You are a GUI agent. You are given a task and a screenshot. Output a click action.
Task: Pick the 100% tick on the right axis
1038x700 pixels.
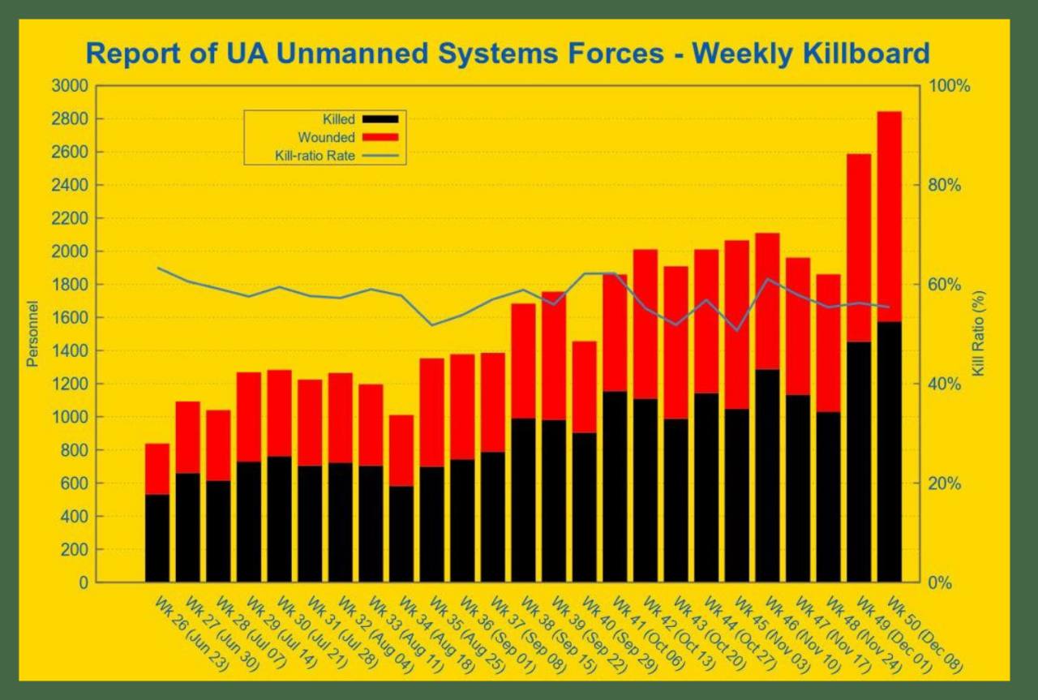(x=950, y=86)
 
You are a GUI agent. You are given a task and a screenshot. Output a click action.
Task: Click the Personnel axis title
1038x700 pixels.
(x=32, y=334)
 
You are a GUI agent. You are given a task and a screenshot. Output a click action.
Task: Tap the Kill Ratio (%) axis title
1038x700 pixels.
(x=978, y=333)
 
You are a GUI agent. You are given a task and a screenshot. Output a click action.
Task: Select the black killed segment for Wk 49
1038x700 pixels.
(x=859, y=462)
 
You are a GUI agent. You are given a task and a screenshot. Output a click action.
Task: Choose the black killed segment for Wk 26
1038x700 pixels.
(x=157, y=538)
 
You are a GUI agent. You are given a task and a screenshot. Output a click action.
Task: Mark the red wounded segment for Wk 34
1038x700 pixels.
(x=401, y=450)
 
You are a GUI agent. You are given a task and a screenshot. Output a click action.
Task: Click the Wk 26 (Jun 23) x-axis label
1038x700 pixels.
(x=191, y=635)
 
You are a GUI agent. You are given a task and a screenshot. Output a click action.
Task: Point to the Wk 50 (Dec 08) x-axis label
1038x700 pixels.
(x=924, y=635)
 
